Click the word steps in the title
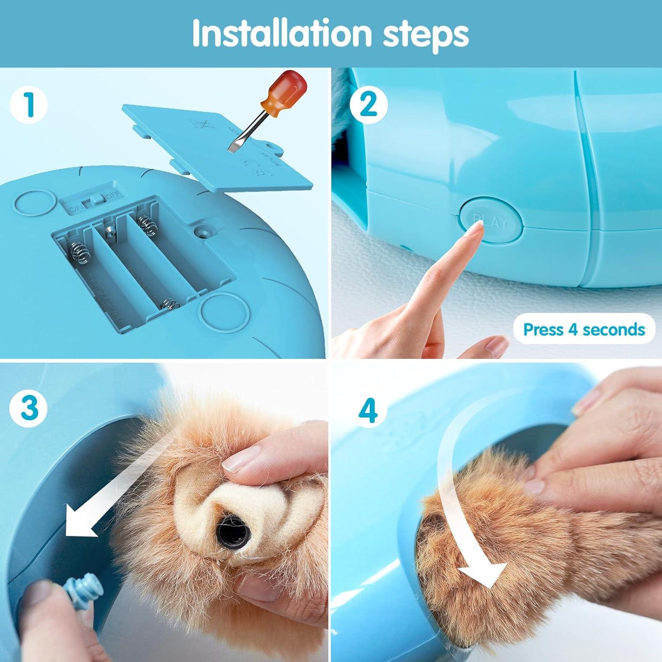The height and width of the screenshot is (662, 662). (425, 34)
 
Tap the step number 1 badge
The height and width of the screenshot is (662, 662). (29, 104)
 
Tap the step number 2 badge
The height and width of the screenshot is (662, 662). (369, 104)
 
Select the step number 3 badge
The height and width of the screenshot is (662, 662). (29, 407)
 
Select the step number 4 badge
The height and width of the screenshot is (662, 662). (369, 410)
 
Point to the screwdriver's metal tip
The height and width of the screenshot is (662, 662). (233, 146)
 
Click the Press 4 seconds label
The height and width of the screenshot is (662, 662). (583, 330)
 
